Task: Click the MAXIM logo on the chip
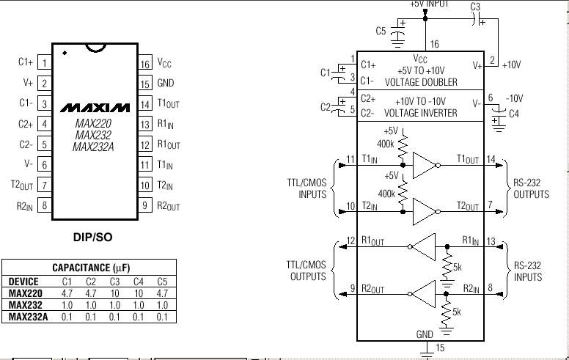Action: (95, 108)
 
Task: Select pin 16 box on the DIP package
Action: (144, 64)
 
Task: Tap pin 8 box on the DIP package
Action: (44, 205)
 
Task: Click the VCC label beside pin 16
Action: (164, 63)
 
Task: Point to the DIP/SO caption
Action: (92, 238)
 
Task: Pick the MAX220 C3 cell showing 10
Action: (114, 293)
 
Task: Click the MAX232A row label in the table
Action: (28, 317)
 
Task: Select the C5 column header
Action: (162, 282)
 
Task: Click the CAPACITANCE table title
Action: (91, 268)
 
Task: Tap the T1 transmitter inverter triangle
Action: (424, 165)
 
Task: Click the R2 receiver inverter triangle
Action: (424, 294)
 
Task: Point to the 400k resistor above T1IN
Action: (403, 147)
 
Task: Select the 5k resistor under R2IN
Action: (447, 312)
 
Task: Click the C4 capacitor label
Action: (514, 114)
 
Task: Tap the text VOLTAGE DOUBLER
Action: (421, 82)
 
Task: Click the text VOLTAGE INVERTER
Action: (421, 113)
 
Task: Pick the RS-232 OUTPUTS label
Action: (531, 188)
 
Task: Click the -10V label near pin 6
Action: (515, 98)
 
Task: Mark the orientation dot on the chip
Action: (65, 53)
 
